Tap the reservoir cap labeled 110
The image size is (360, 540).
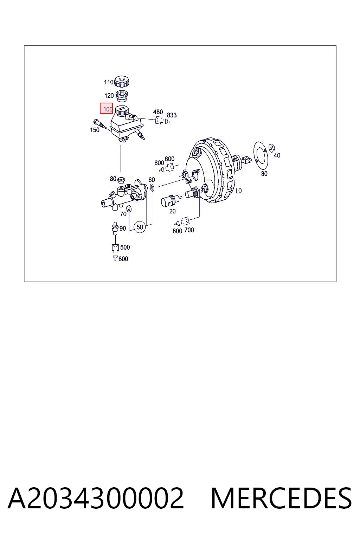pos(122,82)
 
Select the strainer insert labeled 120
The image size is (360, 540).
pos(122,96)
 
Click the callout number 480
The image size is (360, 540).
pos(158,112)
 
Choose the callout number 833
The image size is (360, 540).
pos(172,115)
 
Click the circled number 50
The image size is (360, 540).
pos(140,227)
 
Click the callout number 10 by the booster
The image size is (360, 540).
pos(238,191)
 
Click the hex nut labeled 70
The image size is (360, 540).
pos(129,208)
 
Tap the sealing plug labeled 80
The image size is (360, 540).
pos(121,179)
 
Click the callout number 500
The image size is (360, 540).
pos(125,247)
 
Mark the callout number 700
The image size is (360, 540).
pos(189,230)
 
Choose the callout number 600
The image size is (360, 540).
pos(169,159)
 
